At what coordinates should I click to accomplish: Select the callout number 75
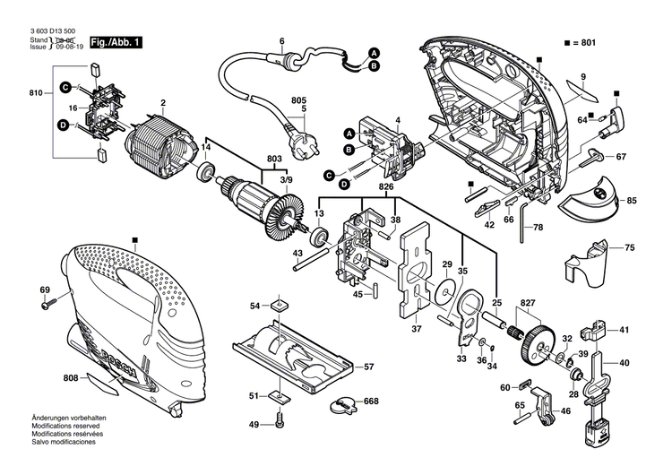point(630,247)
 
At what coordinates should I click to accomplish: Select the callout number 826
point(385,187)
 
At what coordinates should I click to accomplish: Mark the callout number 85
point(631,200)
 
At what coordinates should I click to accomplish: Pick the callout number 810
point(36,93)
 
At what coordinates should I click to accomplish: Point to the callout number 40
point(625,363)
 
